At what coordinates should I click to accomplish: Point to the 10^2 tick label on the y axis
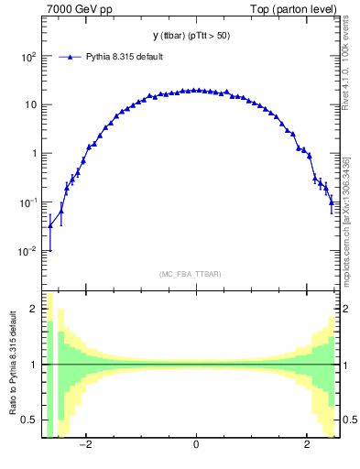pos(28,56)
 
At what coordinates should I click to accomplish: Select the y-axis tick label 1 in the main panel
pos(34,154)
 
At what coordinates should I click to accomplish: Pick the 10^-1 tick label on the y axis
pos(28,202)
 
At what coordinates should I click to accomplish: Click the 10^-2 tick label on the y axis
pos(28,251)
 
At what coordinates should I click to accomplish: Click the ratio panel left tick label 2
pos(33,310)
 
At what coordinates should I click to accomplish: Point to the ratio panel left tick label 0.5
pos(30,420)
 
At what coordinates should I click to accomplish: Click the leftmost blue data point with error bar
pos(49,226)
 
